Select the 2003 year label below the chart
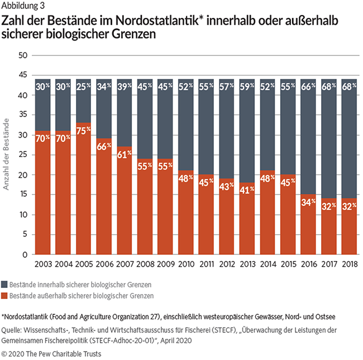43,263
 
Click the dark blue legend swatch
5,285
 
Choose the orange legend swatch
5,295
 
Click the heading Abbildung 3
21,7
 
